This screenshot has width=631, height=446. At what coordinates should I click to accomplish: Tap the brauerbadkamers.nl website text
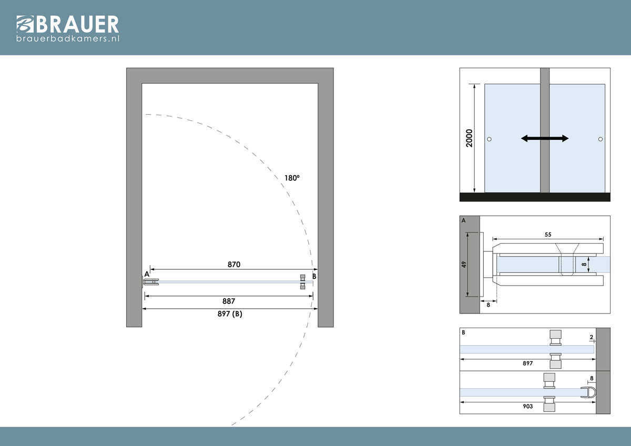(x=68, y=38)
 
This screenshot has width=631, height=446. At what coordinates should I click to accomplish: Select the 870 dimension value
(x=234, y=264)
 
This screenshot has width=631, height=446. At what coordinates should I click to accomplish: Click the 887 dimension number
(x=228, y=301)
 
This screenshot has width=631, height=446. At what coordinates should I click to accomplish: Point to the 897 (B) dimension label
(x=230, y=313)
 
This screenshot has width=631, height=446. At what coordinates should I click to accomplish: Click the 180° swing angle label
(x=292, y=178)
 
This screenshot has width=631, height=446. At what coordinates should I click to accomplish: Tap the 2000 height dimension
(x=469, y=138)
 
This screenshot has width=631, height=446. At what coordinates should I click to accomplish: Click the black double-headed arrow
(x=545, y=138)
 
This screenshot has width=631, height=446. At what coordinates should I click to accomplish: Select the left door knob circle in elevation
(x=490, y=139)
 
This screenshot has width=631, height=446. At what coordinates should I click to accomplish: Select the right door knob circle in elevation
(x=601, y=139)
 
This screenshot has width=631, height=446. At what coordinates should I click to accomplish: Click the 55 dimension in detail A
(x=548, y=235)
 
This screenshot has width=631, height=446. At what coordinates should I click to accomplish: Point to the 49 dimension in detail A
(x=464, y=265)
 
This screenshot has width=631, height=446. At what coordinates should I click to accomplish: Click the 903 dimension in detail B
(x=527, y=406)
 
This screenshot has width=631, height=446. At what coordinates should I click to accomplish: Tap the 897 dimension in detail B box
(x=527, y=363)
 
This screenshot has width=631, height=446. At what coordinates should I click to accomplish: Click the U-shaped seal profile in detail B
(x=588, y=392)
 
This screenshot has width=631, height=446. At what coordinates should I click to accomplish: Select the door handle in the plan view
(x=302, y=282)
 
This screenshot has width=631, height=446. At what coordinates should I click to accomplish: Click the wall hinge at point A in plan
(x=150, y=282)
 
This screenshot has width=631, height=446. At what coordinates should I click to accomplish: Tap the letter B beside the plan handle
(x=314, y=276)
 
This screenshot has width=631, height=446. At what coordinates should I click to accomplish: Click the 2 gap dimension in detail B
(x=591, y=337)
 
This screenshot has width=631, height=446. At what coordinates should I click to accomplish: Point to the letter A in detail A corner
(x=464, y=220)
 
